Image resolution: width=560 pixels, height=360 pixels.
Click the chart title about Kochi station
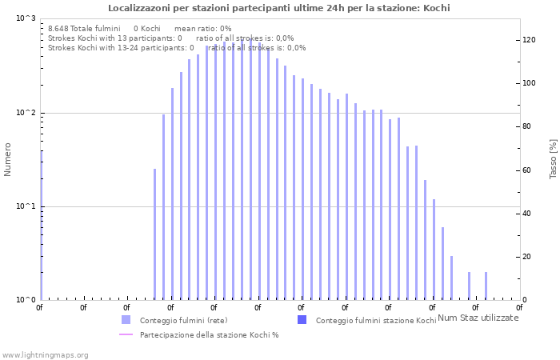tap(279, 8)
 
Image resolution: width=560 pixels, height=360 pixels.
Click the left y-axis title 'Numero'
tap(8, 159)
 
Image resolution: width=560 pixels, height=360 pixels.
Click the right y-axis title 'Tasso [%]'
tap(553, 158)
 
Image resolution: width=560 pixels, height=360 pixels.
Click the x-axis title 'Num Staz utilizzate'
tap(478, 318)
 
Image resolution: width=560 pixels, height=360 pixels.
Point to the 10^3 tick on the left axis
tap(26, 18)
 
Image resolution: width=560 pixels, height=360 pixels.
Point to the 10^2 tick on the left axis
tap(26, 113)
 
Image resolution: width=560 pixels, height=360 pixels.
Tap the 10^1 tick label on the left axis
tap(26, 206)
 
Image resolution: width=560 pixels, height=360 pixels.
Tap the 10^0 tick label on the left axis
tap(26, 300)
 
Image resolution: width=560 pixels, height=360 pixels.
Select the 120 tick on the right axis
tap(529, 40)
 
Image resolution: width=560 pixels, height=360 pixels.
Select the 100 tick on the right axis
tap(529, 83)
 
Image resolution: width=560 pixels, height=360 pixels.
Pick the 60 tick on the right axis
tap(527, 170)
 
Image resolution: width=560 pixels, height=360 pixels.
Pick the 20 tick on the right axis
tap(527, 257)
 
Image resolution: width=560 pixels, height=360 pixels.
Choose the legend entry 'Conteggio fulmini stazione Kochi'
tap(376, 320)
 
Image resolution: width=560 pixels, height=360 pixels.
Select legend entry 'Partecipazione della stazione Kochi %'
tap(209, 334)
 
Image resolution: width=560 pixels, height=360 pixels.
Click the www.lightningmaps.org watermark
tap(45, 354)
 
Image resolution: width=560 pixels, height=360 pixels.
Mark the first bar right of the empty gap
tap(155, 234)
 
